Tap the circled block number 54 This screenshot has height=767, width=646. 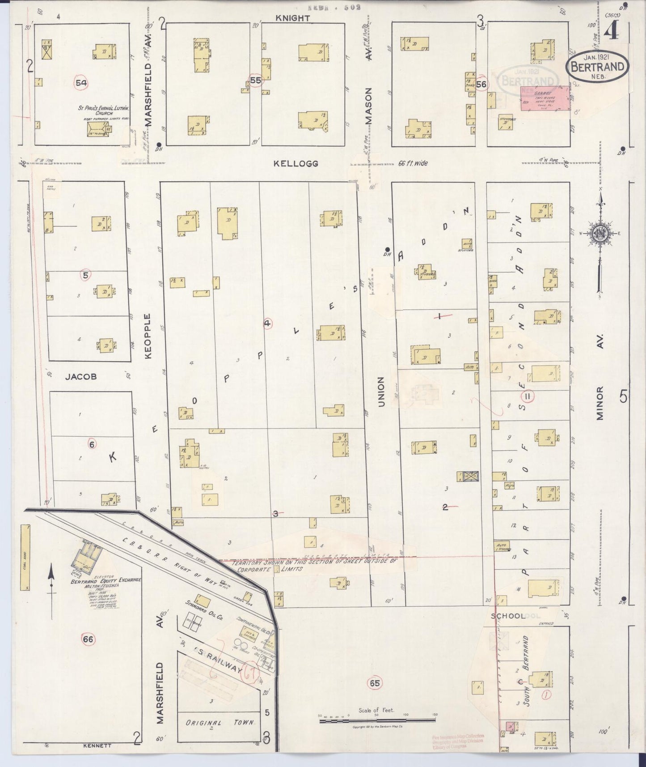click(x=81, y=83)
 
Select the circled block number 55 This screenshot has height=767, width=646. click(x=255, y=81)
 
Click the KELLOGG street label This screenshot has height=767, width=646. click(x=296, y=164)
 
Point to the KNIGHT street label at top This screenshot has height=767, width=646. click(x=292, y=18)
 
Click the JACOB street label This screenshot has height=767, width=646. click(x=81, y=377)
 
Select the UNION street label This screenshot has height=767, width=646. click(x=381, y=392)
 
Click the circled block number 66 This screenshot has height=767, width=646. click(x=88, y=639)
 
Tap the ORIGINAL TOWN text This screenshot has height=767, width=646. click(x=220, y=722)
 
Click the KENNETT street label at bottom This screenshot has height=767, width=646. click(x=97, y=746)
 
